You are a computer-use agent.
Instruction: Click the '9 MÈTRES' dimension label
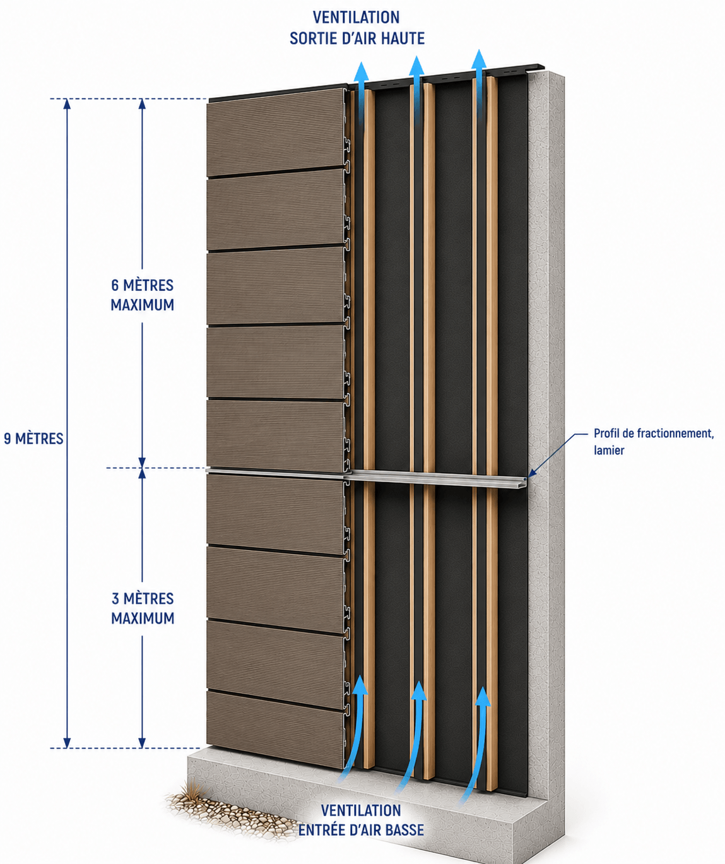[x=33, y=439]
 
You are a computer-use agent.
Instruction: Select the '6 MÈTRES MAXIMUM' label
[x=143, y=295]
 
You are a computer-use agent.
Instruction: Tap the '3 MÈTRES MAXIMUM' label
[x=143, y=608]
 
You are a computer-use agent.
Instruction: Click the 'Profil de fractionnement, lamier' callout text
[x=654, y=442]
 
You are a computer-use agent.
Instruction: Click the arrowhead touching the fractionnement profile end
[x=532, y=472]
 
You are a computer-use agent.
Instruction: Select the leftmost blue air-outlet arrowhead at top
[x=362, y=71]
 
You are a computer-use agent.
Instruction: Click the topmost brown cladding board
[x=276, y=133]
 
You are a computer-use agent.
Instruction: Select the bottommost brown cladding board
[x=276, y=728]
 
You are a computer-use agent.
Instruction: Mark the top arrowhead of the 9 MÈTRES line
[x=67, y=103]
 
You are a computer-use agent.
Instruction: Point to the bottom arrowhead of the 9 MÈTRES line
[x=67, y=743]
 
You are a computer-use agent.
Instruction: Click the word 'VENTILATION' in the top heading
[x=357, y=18]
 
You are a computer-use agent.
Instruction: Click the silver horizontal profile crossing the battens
[x=366, y=476]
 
